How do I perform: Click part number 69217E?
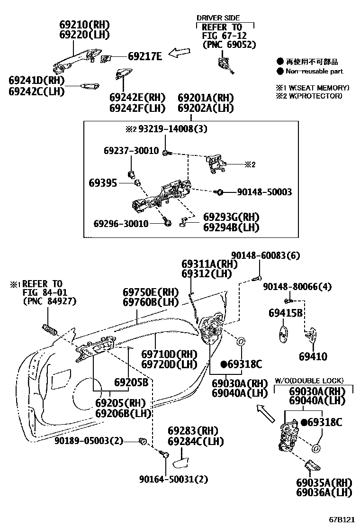[145, 56]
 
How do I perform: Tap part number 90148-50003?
[264, 192]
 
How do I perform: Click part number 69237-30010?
[131, 151]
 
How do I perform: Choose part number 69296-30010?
[121, 223]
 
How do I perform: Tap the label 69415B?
[286, 313]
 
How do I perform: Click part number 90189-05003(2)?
[89, 441]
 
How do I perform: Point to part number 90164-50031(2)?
[174, 479]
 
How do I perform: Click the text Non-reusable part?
[314, 71]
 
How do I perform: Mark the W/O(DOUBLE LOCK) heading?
[309, 381]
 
